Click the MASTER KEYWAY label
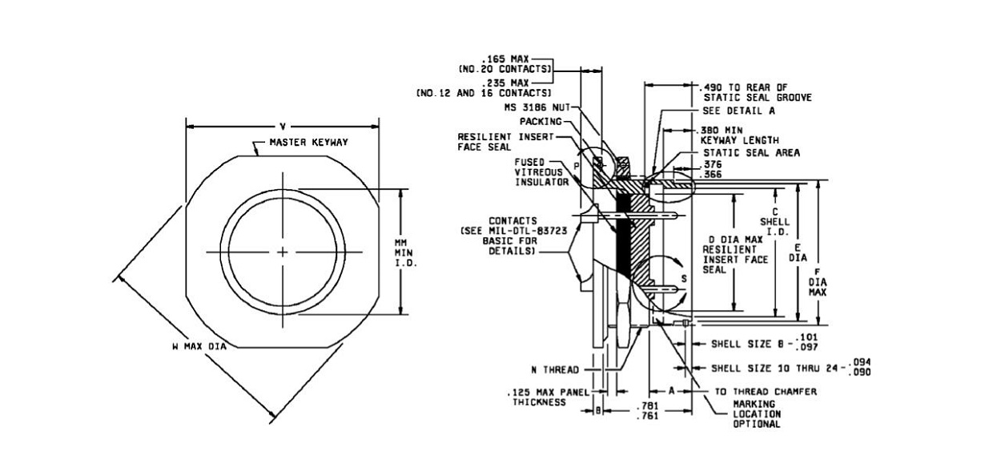308,143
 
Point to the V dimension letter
283,127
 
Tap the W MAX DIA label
199,346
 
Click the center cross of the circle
283,252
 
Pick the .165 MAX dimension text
505,59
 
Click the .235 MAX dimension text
505,83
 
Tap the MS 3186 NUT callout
537,107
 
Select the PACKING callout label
541,122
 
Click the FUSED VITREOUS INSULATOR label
541,172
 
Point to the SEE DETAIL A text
739,111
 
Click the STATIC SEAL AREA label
752,153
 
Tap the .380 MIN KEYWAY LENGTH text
739,135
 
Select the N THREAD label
555,370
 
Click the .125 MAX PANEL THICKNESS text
548,397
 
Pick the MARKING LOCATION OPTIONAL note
757,413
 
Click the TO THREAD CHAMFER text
766,392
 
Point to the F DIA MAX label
818,282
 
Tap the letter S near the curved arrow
684,279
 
